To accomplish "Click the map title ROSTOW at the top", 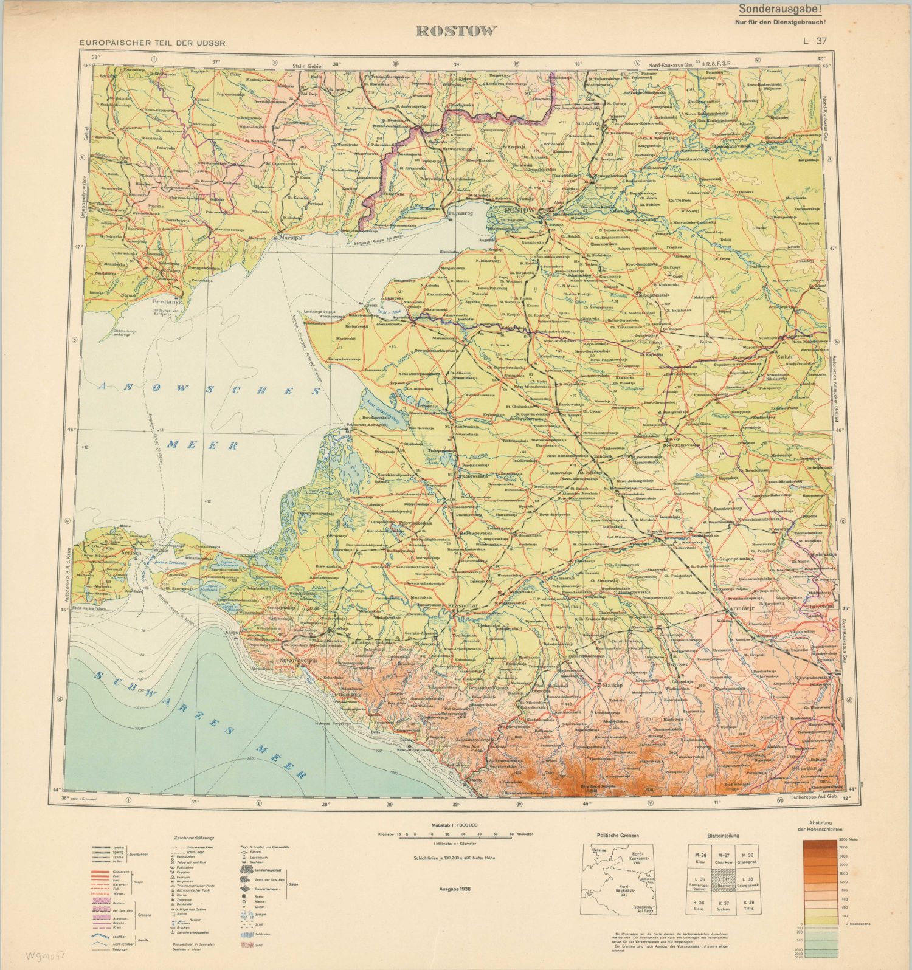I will click(456, 32).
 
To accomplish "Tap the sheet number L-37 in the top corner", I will click(814, 42).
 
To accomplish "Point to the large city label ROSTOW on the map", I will click(519, 210).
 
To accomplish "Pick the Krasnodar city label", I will click(462, 606).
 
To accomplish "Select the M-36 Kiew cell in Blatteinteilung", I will click(700, 858).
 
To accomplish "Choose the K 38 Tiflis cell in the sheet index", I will click(748, 905).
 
